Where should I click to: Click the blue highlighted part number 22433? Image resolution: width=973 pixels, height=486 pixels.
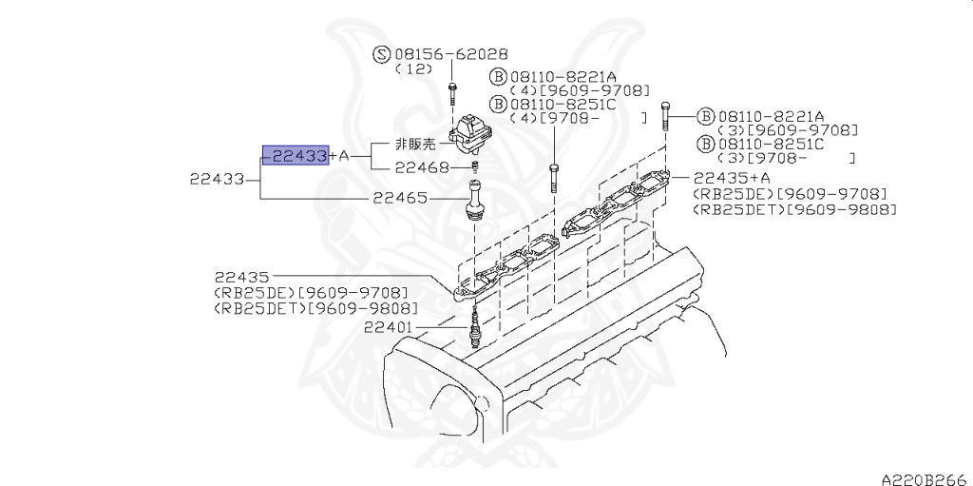296,155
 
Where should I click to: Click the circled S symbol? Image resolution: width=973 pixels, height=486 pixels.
380,55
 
